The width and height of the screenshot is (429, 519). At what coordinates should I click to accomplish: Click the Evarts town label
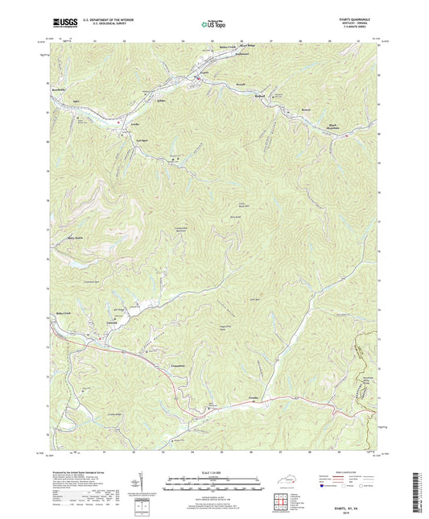point(204,73)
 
